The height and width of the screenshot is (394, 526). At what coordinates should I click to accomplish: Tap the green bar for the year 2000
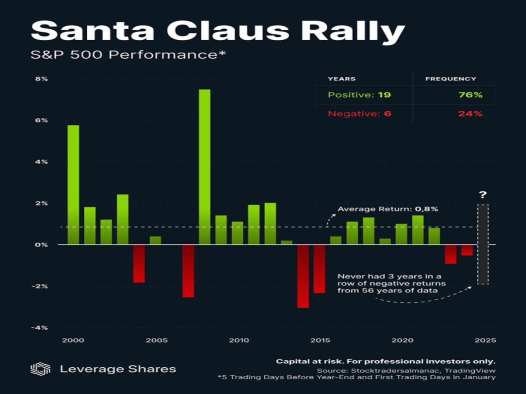click(73, 184)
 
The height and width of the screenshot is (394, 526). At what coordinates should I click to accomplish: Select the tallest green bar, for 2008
click(204, 166)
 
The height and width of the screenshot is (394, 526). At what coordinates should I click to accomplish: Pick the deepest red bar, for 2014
click(303, 276)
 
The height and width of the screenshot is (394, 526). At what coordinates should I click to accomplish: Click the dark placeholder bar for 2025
click(483, 244)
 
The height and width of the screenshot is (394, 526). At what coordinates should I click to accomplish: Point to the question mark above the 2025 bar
click(483, 195)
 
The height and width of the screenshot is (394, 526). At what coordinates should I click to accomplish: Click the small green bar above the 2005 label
click(155, 240)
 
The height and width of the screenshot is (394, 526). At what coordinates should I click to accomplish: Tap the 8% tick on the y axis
click(42, 79)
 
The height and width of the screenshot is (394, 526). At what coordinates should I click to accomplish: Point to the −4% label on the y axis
click(40, 327)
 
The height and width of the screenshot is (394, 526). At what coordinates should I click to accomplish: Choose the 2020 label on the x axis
click(400, 340)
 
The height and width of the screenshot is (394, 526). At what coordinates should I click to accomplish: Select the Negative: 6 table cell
click(359, 114)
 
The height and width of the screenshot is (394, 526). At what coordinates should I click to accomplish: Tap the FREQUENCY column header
click(451, 79)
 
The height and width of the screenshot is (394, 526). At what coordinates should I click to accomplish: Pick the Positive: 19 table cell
click(360, 95)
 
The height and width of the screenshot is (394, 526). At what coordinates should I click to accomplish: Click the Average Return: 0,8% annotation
click(388, 209)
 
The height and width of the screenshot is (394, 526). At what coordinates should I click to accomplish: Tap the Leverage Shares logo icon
click(40, 369)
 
